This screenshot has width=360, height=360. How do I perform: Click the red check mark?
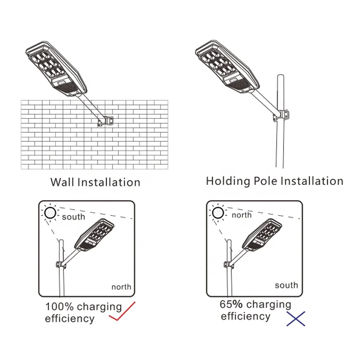(122, 314)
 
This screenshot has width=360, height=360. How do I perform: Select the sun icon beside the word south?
(50, 213)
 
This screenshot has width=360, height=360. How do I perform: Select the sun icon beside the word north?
(218, 212)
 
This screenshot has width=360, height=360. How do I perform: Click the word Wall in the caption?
(62, 182)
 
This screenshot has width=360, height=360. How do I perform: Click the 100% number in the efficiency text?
(58, 307)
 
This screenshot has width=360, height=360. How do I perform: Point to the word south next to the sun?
(73, 217)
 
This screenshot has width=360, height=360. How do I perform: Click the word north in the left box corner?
(121, 287)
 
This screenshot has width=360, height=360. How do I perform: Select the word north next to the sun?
(242, 215)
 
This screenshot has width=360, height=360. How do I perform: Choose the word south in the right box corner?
(286, 285)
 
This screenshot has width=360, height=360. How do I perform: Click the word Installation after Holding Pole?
(312, 181)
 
